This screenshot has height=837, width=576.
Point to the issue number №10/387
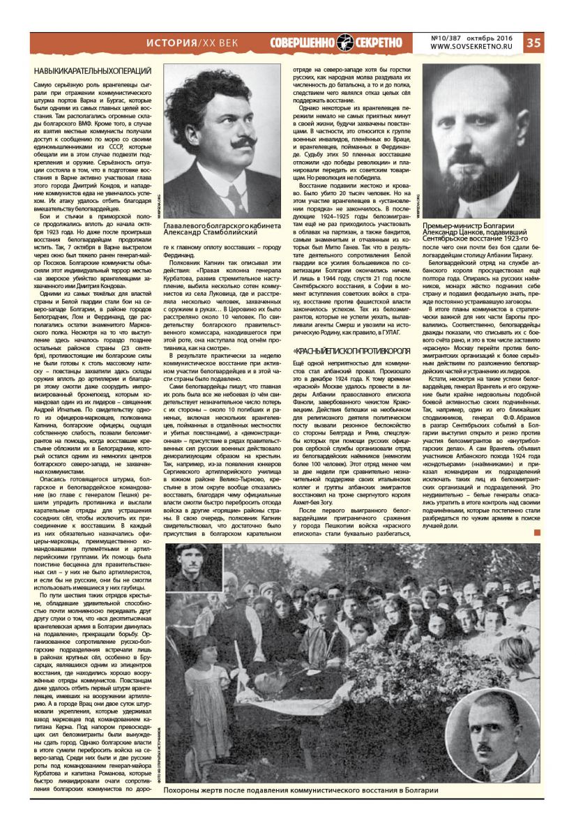coord(450,37)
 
